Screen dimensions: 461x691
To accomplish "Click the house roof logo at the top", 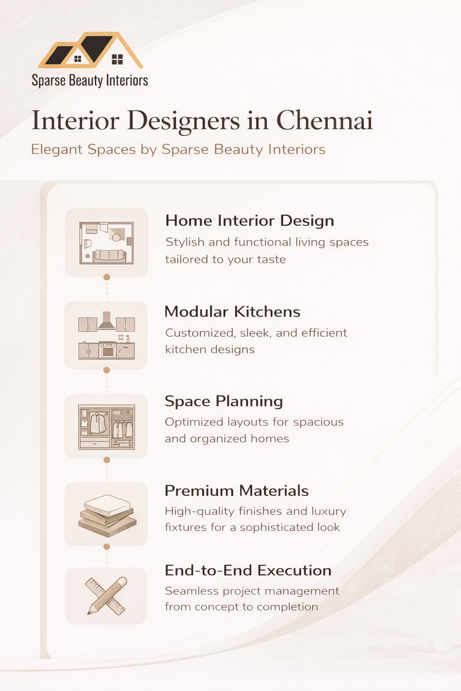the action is click(91, 50).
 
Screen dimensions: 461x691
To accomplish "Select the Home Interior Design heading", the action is click(249, 220).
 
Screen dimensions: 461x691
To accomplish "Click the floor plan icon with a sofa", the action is click(107, 243).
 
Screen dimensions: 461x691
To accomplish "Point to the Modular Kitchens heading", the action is click(232, 312).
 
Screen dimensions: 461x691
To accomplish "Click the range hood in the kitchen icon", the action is click(107, 321).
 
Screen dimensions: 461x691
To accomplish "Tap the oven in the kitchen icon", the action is click(107, 350).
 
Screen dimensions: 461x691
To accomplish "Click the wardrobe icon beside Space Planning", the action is click(107, 427).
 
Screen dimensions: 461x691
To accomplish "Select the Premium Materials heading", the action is click(236, 491).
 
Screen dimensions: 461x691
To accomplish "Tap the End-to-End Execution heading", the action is click(248, 570).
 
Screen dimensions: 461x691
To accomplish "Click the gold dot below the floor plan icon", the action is click(107, 277).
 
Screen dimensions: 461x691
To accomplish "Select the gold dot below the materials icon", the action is click(107, 547).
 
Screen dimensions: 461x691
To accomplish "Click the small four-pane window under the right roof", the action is click(118, 59).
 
